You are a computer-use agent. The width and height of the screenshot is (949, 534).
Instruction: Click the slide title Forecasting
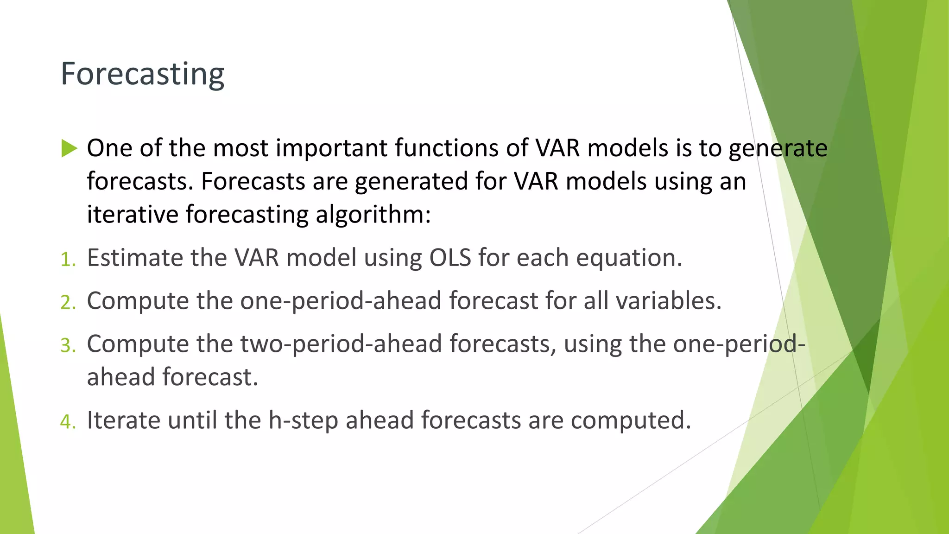pos(142,74)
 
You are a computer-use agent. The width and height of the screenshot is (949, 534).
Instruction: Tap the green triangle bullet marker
pos(69,149)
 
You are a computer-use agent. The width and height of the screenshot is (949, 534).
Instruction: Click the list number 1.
pos(68,260)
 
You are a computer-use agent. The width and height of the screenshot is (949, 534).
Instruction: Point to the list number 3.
pos(68,346)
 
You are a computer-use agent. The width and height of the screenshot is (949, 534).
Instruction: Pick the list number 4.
pos(68,422)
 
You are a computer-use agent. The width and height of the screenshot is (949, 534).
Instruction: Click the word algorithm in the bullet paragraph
pos(373,215)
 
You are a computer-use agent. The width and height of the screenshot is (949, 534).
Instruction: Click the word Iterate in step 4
pos(123,420)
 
